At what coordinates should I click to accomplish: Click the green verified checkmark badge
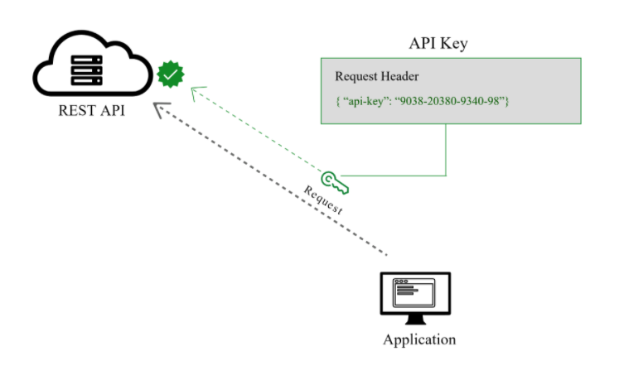click(x=170, y=75)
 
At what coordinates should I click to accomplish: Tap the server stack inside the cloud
click(x=87, y=70)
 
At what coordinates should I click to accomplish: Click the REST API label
click(x=92, y=110)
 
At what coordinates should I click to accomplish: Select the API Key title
click(x=438, y=43)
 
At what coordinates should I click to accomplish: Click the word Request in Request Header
click(x=355, y=76)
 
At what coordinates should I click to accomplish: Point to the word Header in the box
click(x=399, y=76)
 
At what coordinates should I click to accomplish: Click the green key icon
click(x=335, y=183)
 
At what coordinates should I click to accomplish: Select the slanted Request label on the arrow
click(x=323, y=200)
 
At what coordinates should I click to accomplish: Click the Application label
click(x=419, y=339)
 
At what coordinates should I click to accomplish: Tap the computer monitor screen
click(x=415, y=294)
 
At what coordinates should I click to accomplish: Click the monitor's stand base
click(x=416, y=320)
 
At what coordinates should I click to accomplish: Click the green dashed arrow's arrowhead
click(x=196, y=93)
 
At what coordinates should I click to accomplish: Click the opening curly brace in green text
click(x=338, y=101)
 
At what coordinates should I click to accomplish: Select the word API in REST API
click(x=113, y=110)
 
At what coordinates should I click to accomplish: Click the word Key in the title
click(x=454, y=44)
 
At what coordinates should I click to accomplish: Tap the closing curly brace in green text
click(x=507, y=101)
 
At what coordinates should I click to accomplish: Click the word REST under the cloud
click(x=77, y=110)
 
